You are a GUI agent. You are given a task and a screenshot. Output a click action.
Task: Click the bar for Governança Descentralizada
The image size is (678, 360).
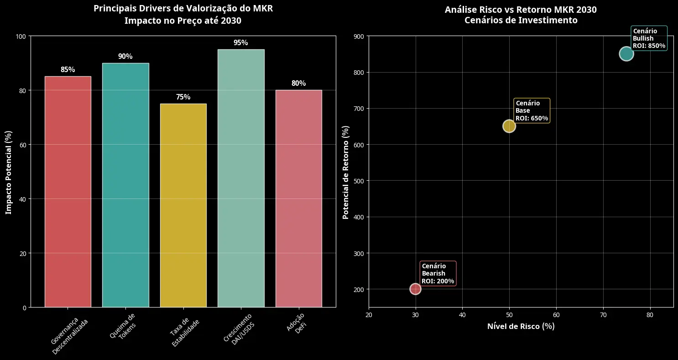click(x=68, y=192)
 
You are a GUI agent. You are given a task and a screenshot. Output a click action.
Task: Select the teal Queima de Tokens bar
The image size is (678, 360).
click(x=125, y=185)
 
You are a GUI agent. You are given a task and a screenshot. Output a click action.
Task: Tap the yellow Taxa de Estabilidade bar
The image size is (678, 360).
click(x=183, y=205)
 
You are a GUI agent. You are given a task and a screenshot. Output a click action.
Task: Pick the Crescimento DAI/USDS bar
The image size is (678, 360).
click(x=241, y=178)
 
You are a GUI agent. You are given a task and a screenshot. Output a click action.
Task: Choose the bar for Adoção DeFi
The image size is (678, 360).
click(x=298, y=198)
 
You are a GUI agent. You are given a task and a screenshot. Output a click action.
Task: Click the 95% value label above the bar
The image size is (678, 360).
click(x=241, y=43)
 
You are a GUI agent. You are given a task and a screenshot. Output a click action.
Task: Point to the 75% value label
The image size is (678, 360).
click(x=183, y=97)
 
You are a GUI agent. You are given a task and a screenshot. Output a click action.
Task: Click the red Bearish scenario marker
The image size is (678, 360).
click(x=415, y=289)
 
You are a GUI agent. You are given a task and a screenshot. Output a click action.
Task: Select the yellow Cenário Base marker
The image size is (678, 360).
click(x=509, y=126)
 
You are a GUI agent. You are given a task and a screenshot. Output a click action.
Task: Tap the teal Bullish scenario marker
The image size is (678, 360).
click(x=626, y=54)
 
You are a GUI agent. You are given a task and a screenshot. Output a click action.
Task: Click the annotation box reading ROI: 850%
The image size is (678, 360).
click(x=649, y=38)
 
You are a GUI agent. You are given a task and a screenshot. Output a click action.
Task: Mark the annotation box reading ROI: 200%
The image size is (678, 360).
click(x=438, y=274)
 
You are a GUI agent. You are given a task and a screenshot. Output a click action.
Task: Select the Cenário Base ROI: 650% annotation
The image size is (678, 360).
click(x=532, y=111)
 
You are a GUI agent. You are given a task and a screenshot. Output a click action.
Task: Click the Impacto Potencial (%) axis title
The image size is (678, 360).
click(x=8, y=172)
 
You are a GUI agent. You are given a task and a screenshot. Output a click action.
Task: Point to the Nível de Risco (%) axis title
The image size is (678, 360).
click(x=521, y=327)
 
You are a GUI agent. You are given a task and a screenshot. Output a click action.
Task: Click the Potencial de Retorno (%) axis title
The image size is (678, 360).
click(x=346, y=172)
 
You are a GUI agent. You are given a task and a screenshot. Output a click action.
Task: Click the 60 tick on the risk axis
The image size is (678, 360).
click(x=556, y=315)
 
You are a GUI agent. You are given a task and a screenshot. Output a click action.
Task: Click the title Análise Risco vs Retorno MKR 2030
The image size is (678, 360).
click(x=521, y=10)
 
